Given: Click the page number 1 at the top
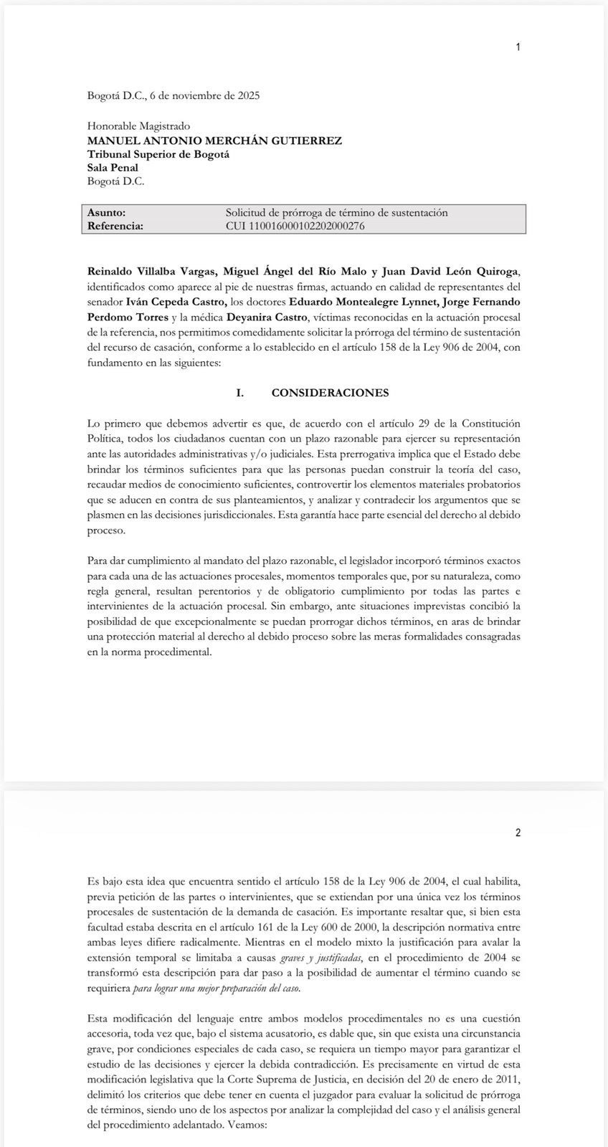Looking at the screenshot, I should (518, 47).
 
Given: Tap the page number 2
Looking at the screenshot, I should (518, 832).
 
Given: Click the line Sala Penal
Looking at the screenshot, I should (113, 168).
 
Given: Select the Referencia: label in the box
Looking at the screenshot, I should (115, 226).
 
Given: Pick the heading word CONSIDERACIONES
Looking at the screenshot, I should (330, 393).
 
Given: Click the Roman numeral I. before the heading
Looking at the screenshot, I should (241, 393).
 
